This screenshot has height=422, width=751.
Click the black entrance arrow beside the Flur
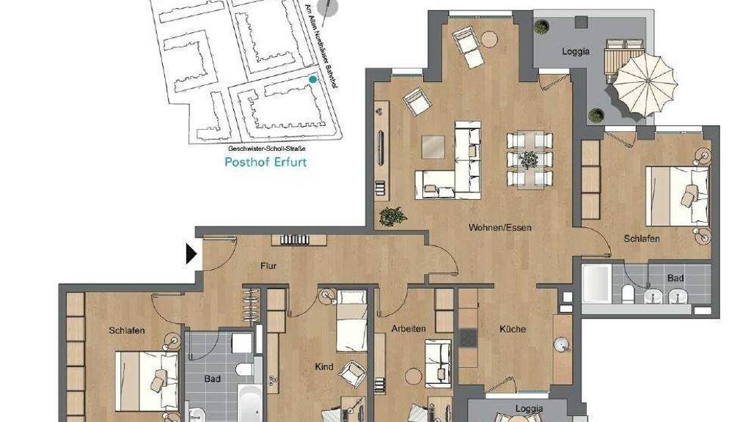[x=191, y=254]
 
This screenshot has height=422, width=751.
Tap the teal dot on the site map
[x=312, y=79]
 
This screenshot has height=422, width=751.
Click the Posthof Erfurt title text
[x=265, y=162]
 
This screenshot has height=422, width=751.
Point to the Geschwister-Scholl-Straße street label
[x=267, y=148]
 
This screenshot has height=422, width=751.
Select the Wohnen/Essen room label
[x=500, y=227]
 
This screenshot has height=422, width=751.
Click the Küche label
[x=513, y=329]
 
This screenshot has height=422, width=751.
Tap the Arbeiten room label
[x=409, y=329]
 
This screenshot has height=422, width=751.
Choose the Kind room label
[x=323, y=367]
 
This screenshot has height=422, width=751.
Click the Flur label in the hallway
[x=268, y=266]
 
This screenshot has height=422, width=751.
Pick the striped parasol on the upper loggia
[x=645, y=84]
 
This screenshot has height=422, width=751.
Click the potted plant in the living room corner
[x=393, y=216]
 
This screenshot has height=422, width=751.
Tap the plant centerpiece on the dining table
[x=530, y=160]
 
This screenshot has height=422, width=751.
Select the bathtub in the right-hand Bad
[x=596, y=284]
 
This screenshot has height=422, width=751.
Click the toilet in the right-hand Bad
[x=628, y=295]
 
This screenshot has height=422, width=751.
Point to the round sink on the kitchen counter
[x=561, y=345]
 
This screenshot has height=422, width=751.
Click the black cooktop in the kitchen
[x=469, y=338]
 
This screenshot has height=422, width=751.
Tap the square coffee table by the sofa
[x=433, y=147]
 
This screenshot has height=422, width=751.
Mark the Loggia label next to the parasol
[x=575, y=51]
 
